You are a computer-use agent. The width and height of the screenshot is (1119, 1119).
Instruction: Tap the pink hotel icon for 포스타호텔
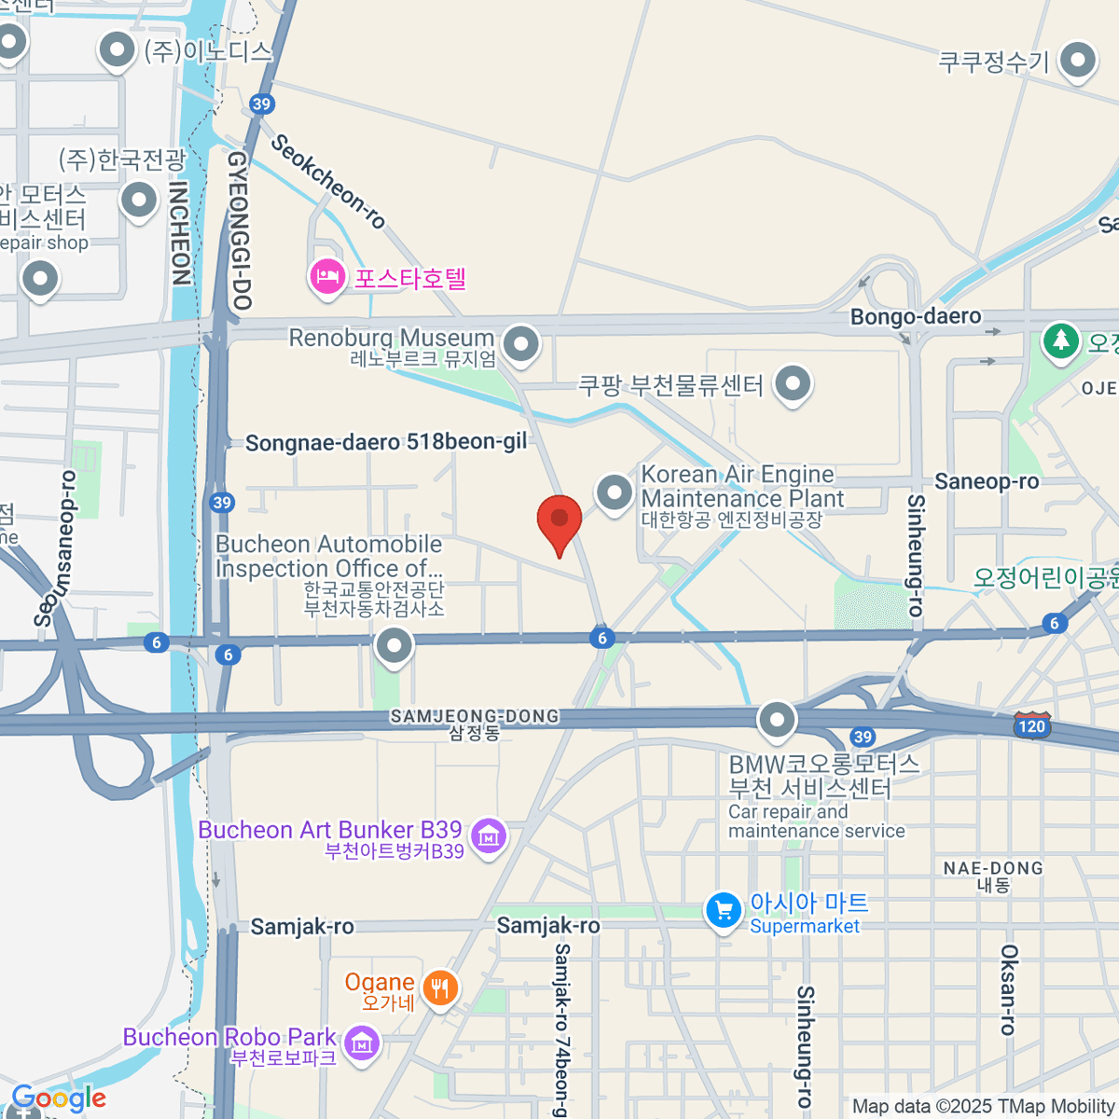pos(327,277)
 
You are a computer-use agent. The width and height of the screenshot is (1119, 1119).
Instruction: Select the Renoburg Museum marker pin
pos(520,344)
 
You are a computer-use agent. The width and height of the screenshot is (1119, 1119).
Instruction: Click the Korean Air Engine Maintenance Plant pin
pos(615,492)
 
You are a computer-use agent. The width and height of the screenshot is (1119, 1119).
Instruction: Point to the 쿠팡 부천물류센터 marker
pos(793,383)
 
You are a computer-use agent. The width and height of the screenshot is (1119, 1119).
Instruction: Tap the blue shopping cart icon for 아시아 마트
pos(724,911)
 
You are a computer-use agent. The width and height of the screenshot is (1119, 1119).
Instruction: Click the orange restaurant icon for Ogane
pos(440,988)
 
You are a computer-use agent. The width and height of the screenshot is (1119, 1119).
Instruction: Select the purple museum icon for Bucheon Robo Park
pos(362,1043)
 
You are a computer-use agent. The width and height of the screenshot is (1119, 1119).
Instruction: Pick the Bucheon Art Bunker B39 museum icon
pos(489,836)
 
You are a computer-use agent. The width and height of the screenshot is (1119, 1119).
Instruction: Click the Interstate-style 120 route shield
pos(1032,725)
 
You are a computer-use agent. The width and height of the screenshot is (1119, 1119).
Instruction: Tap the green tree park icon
pos(1060,339)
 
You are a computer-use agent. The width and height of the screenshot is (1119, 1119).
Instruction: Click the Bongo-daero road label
pos(915,317)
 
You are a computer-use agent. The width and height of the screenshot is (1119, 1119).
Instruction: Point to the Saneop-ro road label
pos(986,481)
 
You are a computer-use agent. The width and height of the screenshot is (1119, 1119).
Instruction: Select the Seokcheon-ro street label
pos(328,181)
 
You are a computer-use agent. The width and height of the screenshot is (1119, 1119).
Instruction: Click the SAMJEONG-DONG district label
pos(475,716)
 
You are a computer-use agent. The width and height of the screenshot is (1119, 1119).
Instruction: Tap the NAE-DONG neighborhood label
pos(993,868)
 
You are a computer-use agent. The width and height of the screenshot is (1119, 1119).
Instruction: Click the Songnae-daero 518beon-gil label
pos(386,442)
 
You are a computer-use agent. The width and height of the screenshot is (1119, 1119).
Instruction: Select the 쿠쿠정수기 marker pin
pos(1079,61)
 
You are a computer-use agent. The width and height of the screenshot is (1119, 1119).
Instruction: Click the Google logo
pos(59,1098)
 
